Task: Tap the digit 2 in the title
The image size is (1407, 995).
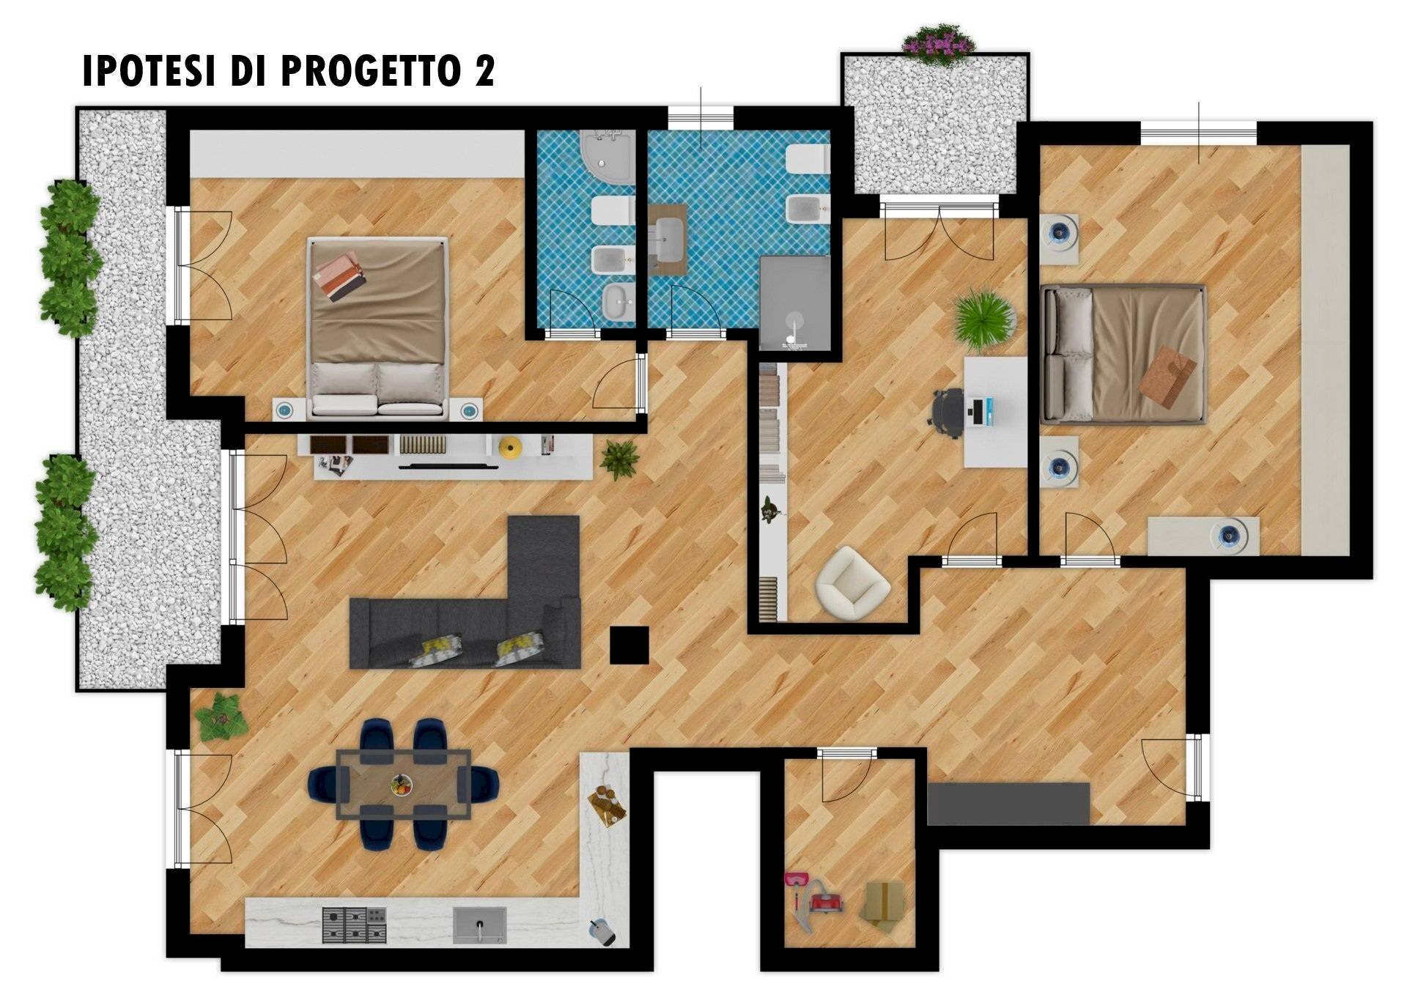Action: (x=483, y=71)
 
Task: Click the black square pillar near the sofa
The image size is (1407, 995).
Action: (x=629, y=646)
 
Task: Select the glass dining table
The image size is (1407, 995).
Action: (x=404, y=783)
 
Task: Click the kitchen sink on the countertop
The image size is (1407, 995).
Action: (x=480, y=925)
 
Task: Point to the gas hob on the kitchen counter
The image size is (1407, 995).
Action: (x=355, y=925)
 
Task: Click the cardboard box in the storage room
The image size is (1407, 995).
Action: (x=883, y=906)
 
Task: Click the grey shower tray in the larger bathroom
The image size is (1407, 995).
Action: (x=795, y=304)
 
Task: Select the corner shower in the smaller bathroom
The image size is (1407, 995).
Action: (x=607, y=158)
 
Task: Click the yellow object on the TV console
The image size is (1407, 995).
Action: (x=509, y=446)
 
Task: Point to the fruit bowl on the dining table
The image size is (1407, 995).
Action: (x=401, y=785)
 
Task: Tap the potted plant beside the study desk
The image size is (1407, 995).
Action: (x=985, y=319)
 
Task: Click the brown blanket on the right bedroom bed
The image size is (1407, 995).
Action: (x=1168, y=375)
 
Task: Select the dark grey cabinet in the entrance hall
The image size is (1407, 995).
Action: (x=1008, y=804)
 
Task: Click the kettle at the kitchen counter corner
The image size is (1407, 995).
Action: (x=603, y=931)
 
